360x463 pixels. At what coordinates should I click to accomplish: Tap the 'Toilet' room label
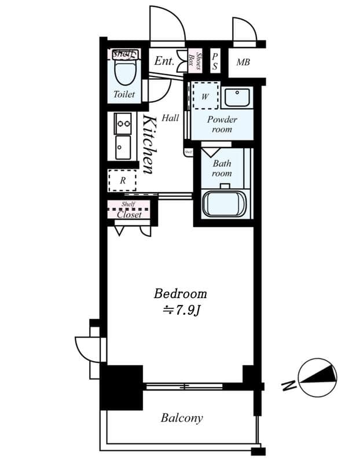(124, 94)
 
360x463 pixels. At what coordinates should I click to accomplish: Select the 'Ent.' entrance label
(164, 60)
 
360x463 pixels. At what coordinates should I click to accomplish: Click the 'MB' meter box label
(243, 62)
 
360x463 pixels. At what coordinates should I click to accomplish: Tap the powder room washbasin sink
(236, 98)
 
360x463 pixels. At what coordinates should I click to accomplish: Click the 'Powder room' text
(222, 124)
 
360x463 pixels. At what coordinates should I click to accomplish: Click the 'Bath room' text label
(221, 168)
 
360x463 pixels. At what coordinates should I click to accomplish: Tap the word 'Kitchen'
(148, 145)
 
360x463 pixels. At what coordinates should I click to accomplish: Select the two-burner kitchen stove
(123, 123)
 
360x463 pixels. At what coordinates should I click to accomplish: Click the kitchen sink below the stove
(123, 147)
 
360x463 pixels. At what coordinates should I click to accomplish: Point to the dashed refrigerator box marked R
(122, 181)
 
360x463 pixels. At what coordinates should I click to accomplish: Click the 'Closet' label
(129, 214)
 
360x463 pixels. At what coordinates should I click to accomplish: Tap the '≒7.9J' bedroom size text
(180, 310)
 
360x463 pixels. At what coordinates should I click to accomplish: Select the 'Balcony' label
(182, 418)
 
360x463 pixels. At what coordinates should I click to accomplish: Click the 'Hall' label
(170, 118)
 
